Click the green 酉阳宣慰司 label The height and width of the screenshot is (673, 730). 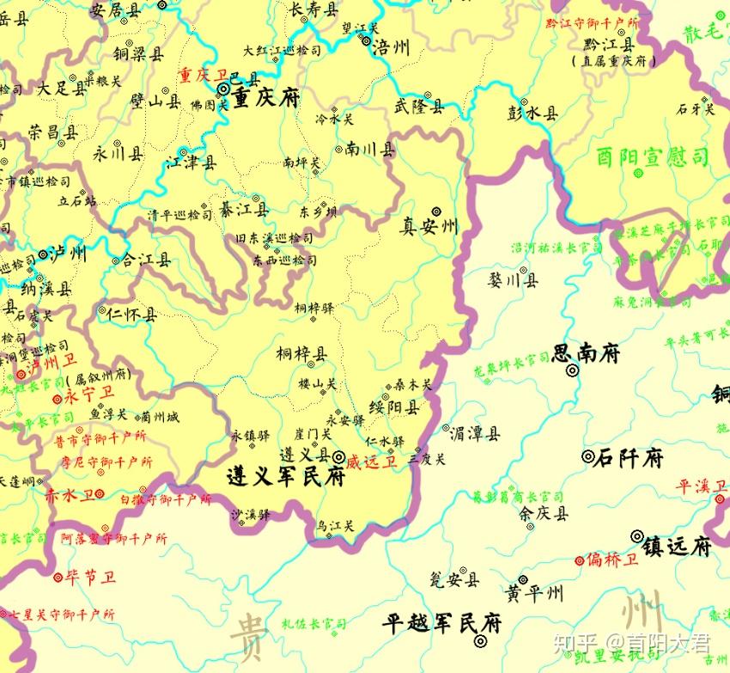click(x=654, y=157)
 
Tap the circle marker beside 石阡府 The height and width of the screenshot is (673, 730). click(x=587, y=456)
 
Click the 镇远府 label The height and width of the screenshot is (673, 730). click(x=678, y=545)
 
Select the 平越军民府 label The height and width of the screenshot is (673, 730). click(x=442, y=621)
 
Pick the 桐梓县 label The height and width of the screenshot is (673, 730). click(x=301, y=354)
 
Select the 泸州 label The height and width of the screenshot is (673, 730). click(x=68, y=254)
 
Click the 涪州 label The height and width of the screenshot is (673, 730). click(x=392, y=47)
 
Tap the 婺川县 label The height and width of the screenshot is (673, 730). click(x=514, y=279)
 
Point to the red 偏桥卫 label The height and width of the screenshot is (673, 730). click(x=613, y=560)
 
